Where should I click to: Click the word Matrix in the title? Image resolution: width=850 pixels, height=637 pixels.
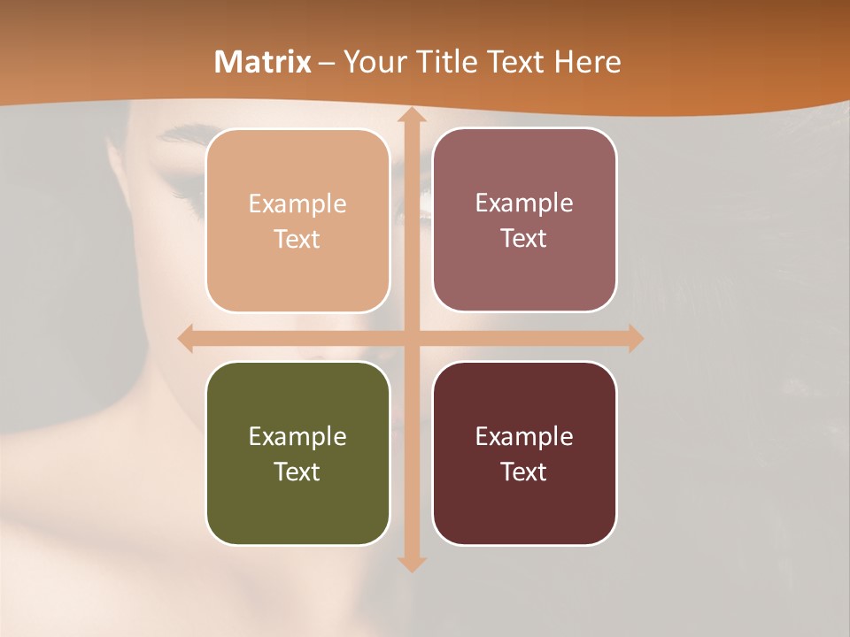(263, 62)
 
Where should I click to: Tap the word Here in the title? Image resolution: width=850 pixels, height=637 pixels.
(587, 62)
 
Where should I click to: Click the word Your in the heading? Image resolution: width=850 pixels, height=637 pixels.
(373, 62)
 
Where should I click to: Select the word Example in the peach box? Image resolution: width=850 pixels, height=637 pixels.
(297, 204)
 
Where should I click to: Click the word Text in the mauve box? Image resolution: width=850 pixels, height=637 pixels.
(524, 239)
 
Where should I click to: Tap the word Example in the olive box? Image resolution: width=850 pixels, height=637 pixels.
(297, 436)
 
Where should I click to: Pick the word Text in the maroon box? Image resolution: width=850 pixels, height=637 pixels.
(524, 472)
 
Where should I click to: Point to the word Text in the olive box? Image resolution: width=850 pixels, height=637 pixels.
(297, 472)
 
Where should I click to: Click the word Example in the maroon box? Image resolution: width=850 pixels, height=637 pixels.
(524, 436)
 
